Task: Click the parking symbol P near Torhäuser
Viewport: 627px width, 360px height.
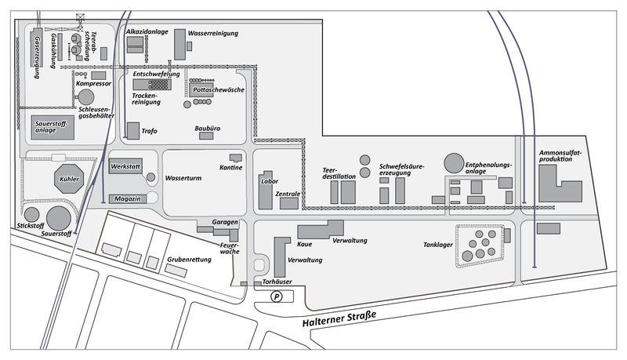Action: [x=276, y=296]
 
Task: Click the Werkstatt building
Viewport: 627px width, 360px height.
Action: [x=125, y=166]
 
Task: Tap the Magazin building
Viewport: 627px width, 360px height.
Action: [x=126, y=199]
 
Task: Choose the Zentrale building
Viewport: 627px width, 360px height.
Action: [x=288, y=203]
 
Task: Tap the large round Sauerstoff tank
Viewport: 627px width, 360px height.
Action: [x=58, y=217]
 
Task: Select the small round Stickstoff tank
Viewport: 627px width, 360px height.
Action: [x=32, y=213]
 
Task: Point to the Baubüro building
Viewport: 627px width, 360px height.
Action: [x=206, y=136]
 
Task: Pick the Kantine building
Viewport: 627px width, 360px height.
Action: [x=234, y=158]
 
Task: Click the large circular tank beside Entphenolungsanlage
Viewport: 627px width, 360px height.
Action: [x=453, y=163]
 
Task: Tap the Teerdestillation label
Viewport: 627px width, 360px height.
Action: [x=339, y=173]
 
